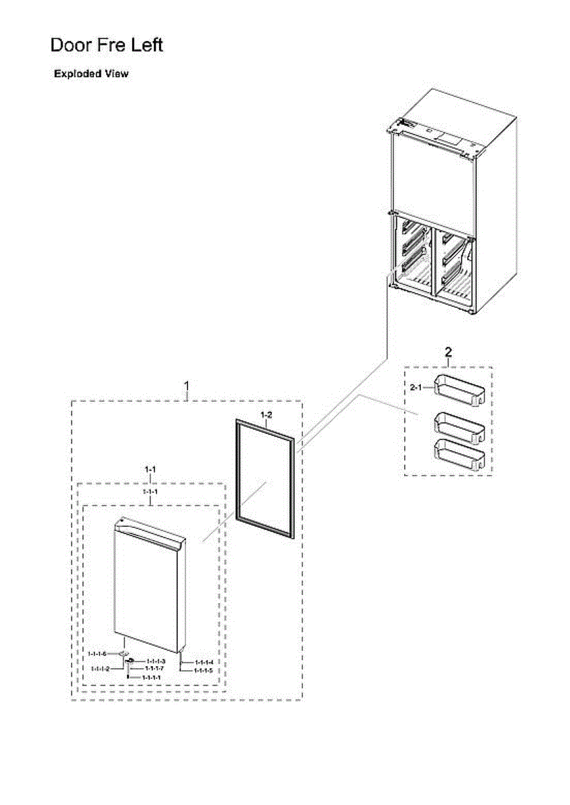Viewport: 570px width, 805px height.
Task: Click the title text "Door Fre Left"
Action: click(107, 46)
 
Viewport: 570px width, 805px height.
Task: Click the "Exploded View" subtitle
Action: click(91, 74)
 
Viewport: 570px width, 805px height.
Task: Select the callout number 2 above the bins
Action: click(448, 352)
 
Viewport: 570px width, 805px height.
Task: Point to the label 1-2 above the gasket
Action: click(266, 415)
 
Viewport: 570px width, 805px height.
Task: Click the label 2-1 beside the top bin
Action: click(416, 387)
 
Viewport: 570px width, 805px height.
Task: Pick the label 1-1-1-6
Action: click(97, 653)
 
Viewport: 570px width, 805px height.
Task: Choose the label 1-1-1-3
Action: click(156, 661)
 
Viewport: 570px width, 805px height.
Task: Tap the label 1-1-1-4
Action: click(204, 663)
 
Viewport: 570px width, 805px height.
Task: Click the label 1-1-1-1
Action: click(151, 678)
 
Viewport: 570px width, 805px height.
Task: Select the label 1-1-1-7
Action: click(154, 669)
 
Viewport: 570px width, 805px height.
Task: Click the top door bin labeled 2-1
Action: click(460, 390)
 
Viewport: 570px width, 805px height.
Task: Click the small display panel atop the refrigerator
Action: click(446, 140)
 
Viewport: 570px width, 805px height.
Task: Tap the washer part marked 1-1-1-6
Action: click(123, 653)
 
